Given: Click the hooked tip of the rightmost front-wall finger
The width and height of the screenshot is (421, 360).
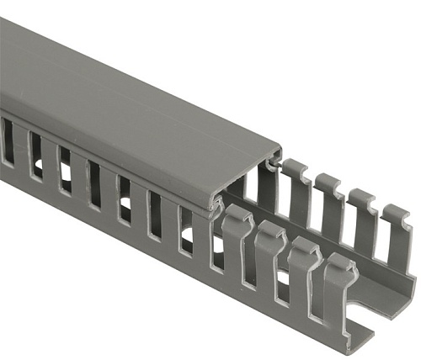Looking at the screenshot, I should tap(341, 263).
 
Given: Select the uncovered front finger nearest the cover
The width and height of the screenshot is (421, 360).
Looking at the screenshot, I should tap(237, 244).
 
